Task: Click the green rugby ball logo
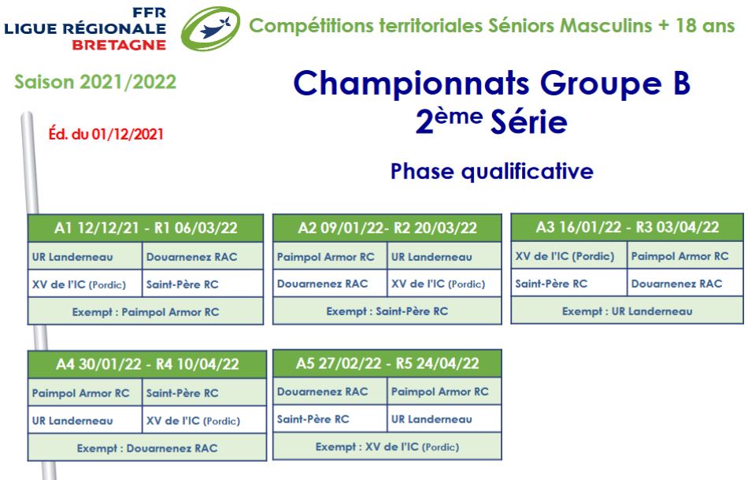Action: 210,28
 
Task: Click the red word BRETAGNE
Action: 119,46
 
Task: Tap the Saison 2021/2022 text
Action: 95,82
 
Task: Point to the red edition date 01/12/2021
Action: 128,134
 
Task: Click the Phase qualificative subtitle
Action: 492,172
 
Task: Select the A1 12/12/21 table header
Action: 146,228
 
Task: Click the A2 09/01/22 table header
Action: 387,228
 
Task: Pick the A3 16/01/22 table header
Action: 627,227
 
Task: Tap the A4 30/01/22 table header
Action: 147,364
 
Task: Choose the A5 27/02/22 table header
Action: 387,363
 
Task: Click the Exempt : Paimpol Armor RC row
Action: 146,312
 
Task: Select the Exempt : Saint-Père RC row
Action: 387,311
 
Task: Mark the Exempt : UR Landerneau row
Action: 627,311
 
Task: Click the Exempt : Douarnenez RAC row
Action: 147,448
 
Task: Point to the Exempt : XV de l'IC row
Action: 387,447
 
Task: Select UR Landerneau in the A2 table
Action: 431,257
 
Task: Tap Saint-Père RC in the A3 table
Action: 551,284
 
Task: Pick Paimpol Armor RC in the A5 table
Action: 440,392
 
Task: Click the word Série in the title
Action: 529,122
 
